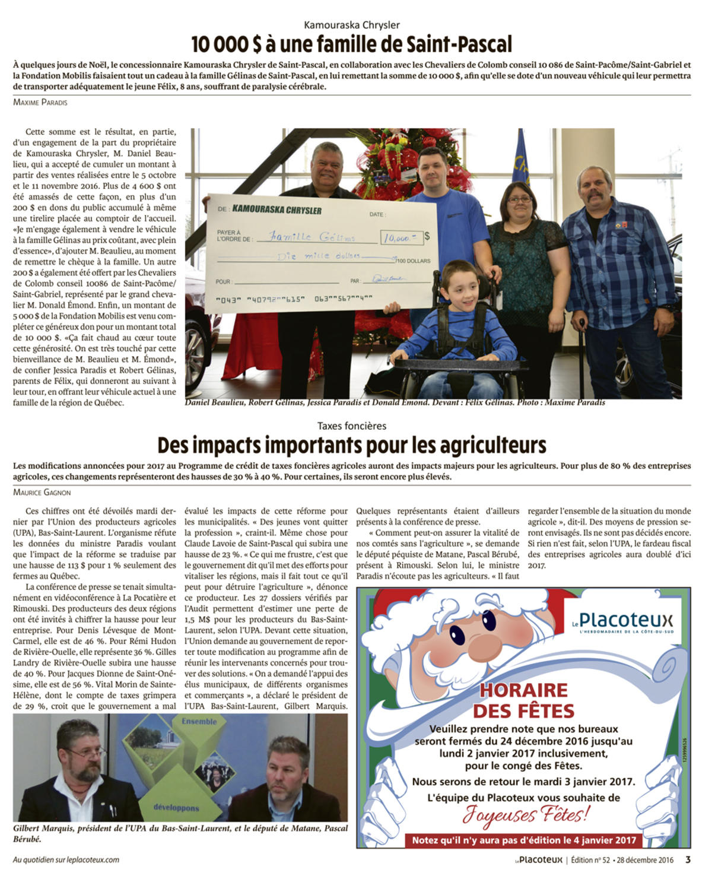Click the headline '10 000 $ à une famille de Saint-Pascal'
(351, 45)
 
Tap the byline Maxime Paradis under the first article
(40, 102)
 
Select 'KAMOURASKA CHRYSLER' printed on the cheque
(277, 210)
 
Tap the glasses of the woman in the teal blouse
(519, 199)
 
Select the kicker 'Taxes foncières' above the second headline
(351, 426)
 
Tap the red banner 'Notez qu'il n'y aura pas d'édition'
(523, 840)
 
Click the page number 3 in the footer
(688, 859)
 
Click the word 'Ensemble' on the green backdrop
(199, 721)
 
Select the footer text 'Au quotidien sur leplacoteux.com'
(66, 859)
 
